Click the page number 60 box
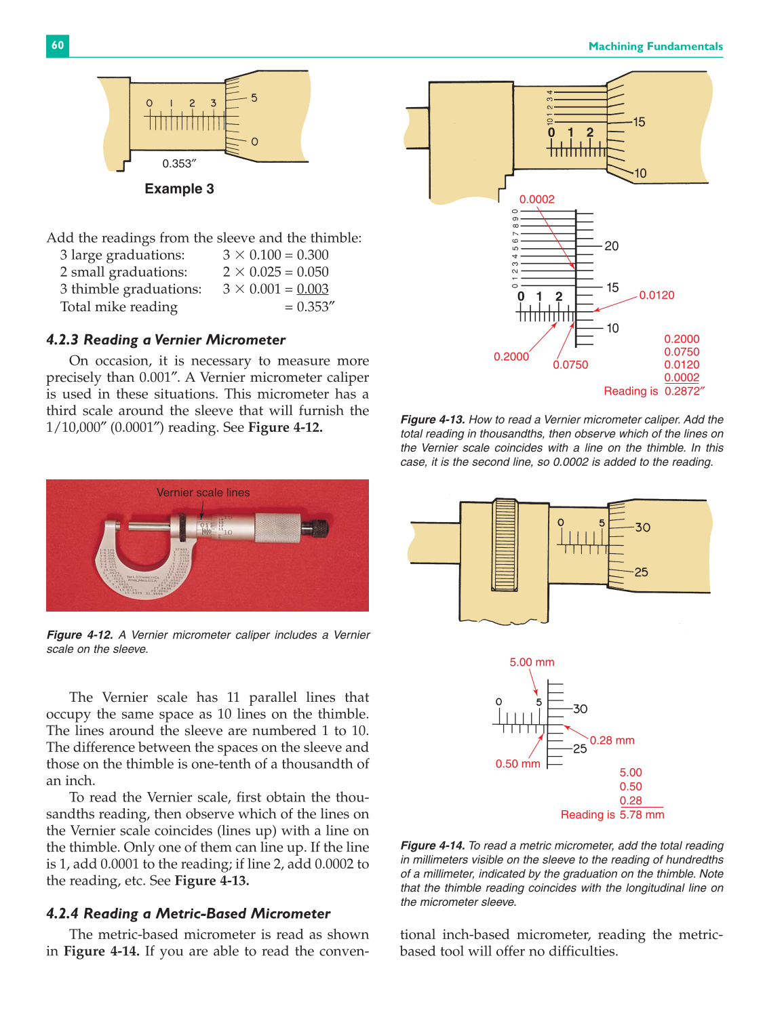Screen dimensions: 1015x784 coord(58,45)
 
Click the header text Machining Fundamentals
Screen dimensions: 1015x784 coord(655,46)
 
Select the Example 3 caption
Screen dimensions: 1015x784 coord(179,188)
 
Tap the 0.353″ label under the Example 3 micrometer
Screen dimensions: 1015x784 coord(179,163)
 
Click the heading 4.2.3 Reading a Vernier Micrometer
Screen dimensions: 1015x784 coord(165,340)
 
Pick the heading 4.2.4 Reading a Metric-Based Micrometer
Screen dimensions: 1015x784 coord(188,913)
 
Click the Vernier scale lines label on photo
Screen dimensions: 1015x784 coord(203,492)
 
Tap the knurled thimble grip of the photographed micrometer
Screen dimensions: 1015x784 coord(278,528)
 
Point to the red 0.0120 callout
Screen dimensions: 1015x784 coord(656,295)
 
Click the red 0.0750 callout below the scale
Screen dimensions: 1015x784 coord(570,365)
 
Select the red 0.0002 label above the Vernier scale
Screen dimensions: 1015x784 coord(536,199)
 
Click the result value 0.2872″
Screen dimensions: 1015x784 coord(684,391)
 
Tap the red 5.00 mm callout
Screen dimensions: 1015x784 coord(532,662)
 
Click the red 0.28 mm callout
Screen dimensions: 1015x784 coord(612,740)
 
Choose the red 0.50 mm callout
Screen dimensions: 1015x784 coord(517,763)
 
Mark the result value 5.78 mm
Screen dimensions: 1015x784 coord(642,815)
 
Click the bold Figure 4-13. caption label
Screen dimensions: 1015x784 coord(432,420)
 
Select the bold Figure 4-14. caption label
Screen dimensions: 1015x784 coord(432,845)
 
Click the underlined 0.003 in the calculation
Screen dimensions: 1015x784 coord(313,289)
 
